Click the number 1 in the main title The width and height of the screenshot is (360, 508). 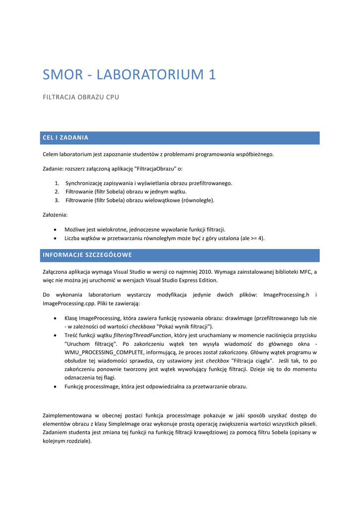[212, 75]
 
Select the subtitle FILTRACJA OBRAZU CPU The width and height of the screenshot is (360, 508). [81, 97]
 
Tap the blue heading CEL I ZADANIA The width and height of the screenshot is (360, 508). [66, 137]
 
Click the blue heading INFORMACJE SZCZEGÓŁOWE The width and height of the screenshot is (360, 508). [87, 255]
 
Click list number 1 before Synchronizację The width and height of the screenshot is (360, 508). [57, 183]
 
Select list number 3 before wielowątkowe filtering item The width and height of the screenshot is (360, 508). [57, 200]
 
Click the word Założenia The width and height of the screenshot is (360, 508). [55, 215]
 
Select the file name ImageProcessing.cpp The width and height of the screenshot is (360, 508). [66, 303]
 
